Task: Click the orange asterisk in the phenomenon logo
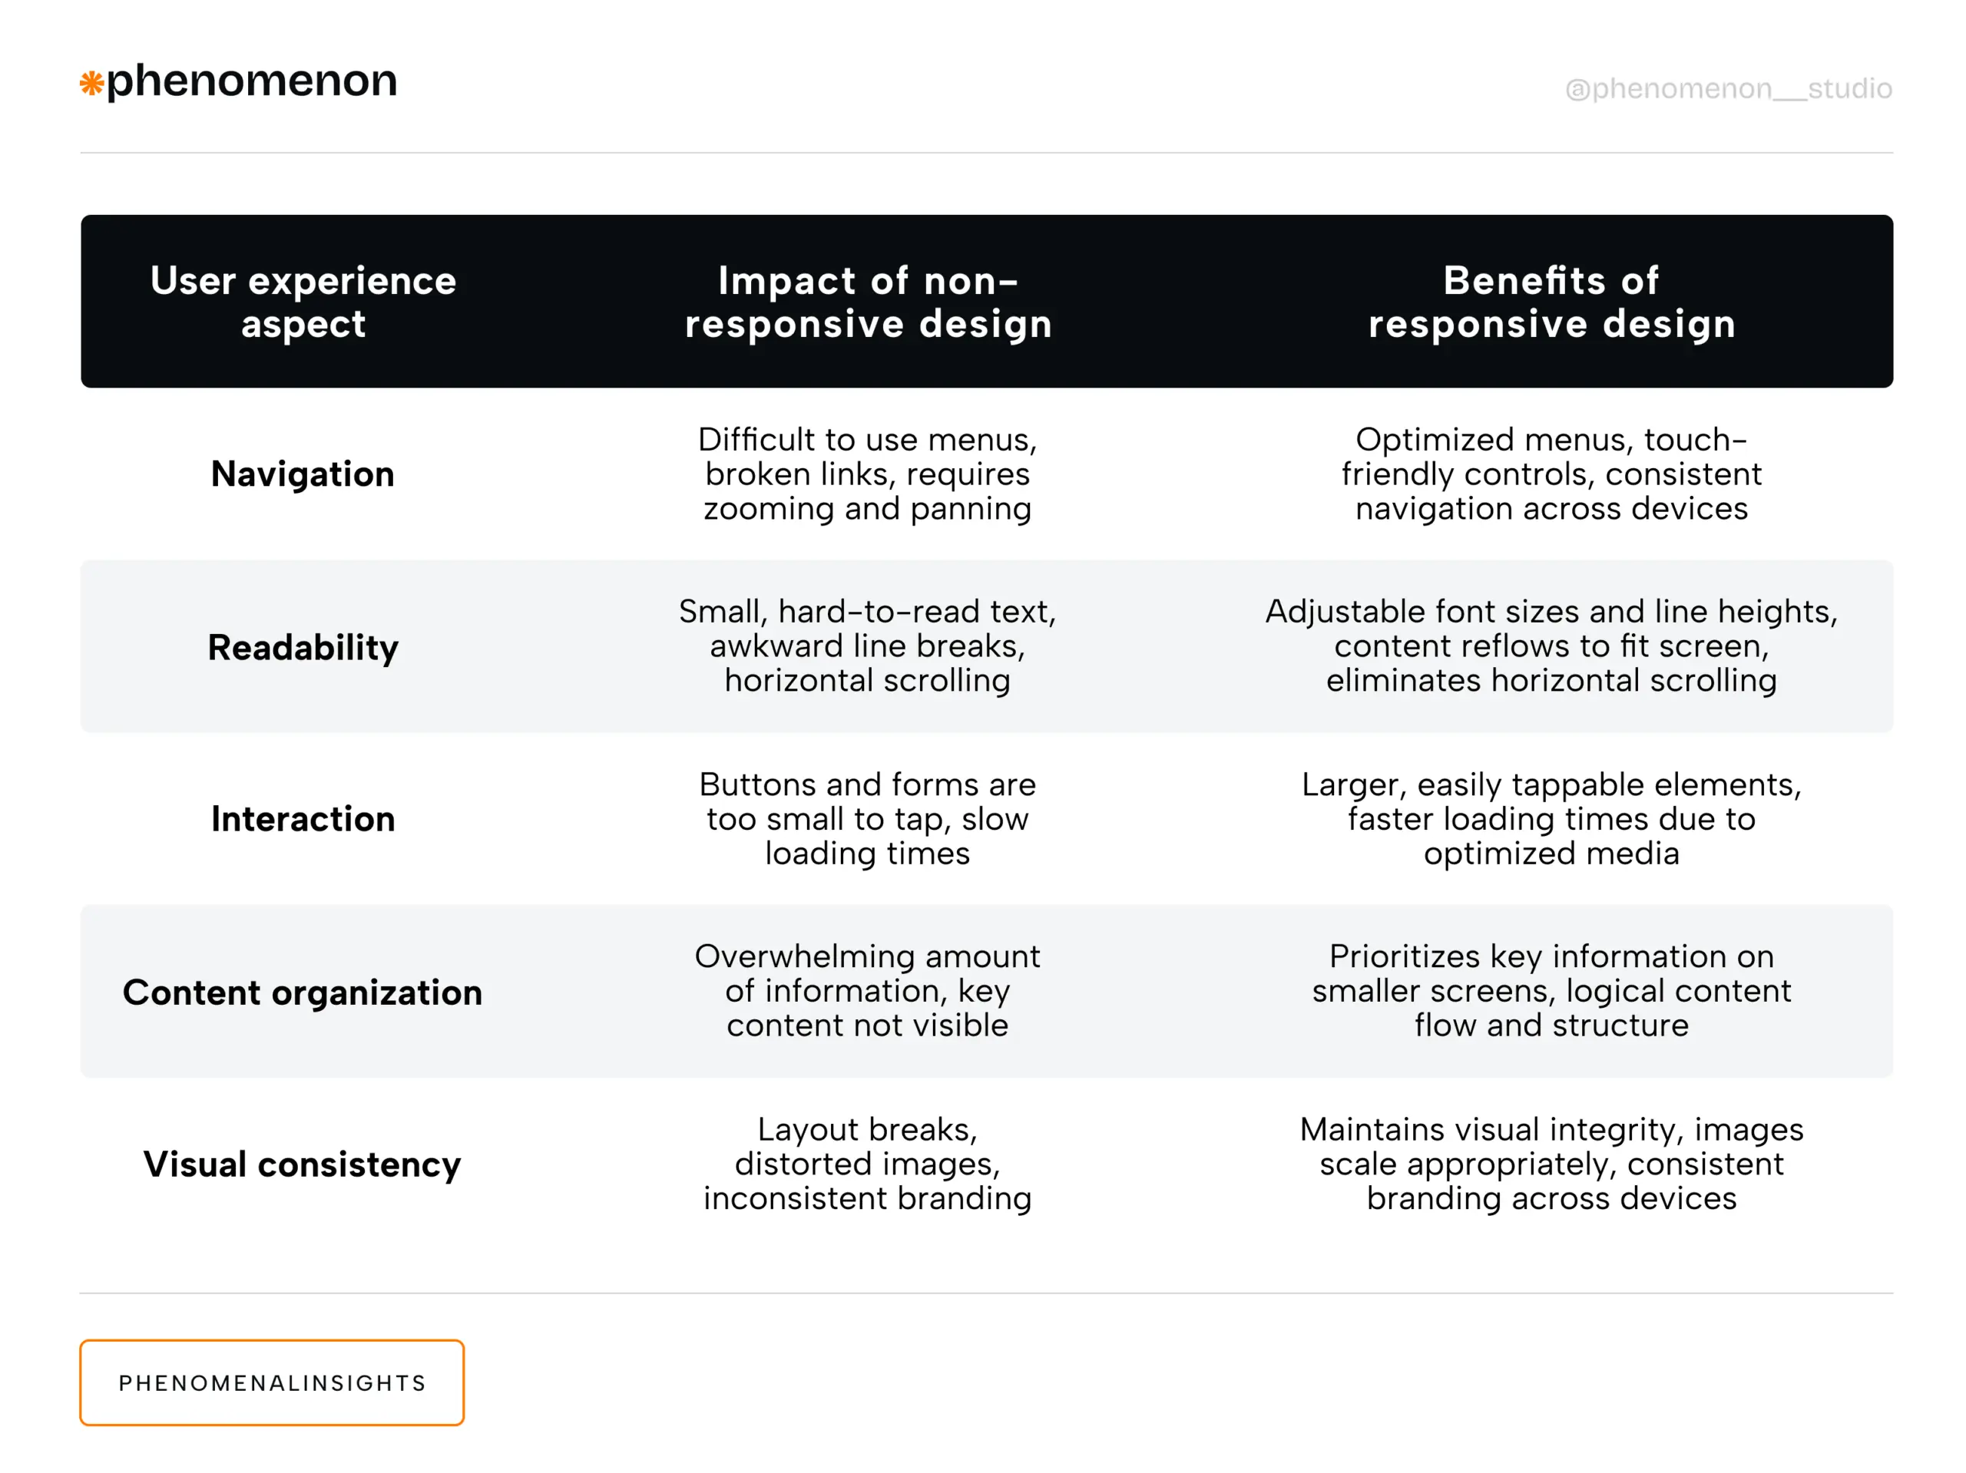click(x=91, y=84)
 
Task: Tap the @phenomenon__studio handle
click(x=1728, y=89)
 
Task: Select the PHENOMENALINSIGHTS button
click(x=272, y=1382)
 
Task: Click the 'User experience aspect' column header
click(x=303, y=302)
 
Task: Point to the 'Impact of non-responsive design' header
click(x=868, y=302)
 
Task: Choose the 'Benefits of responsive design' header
click(x=1551, y=302)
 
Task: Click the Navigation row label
click(x=303, y=474)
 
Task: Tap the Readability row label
click(x=303, y=648)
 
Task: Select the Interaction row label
click(x=303, y=819)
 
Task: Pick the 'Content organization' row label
click(x=303, y=992)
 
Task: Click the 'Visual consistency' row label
click(x=303, y=1164)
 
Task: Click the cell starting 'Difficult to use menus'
click(x=868, y=474)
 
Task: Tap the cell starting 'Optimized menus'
click(x=1551, y=474)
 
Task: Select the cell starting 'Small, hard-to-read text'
click(x=868, y=646)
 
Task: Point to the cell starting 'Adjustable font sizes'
click(x=1551, y=646)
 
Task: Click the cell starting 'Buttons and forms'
click(x=868, y=819)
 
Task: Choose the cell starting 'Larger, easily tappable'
click(x=1551, y=819)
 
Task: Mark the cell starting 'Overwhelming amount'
click(x=868, y=992)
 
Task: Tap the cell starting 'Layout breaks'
click(x=868, y=1164)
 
